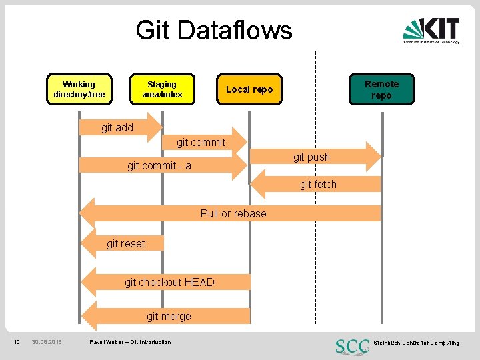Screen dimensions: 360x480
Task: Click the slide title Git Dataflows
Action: coord(214,30)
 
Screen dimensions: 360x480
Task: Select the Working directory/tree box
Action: coord(79,89)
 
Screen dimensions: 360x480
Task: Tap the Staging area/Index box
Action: coord(162,89)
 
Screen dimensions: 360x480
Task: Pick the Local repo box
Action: coord(249,89)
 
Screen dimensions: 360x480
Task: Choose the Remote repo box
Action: coord(381,89)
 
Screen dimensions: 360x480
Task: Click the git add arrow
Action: coord(120,127)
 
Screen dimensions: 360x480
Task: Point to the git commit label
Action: coord(201,142)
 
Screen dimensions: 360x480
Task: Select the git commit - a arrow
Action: coord(160,166)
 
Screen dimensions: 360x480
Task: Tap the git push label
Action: coord(311,157)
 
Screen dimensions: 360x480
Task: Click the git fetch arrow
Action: coord(317,184)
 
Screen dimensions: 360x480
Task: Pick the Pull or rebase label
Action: coord(233,213)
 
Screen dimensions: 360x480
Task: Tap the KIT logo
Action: coord(431,30)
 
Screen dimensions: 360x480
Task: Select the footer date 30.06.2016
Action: coord(47,342)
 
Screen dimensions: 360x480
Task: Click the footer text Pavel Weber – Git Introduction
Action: coord(130,342)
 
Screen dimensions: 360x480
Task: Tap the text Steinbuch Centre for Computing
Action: coord(416,343)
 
